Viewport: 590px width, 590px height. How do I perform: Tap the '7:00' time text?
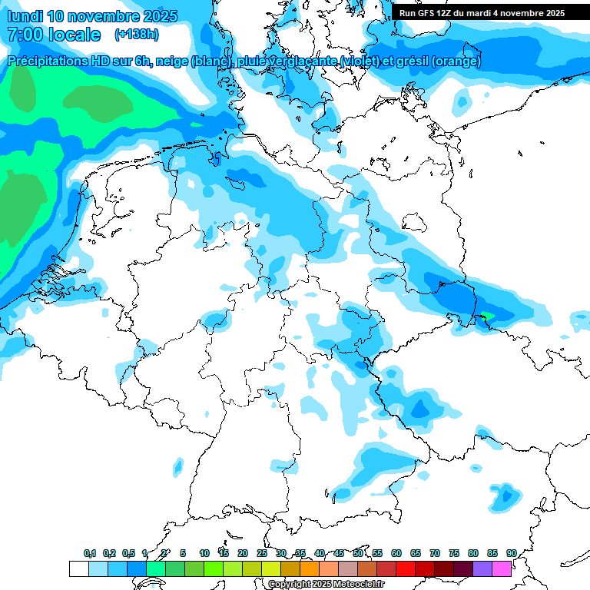24,35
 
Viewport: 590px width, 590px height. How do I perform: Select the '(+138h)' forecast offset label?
137,35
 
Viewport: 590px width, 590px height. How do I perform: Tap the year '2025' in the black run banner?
551,12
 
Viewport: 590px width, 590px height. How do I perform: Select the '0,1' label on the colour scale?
90,553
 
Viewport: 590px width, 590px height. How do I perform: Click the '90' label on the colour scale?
511,553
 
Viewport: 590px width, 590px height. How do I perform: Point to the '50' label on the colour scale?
358,553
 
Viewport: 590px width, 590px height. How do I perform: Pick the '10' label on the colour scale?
204,553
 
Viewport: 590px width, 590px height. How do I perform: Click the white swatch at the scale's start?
78,568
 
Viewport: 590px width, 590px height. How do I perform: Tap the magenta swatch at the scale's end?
502,568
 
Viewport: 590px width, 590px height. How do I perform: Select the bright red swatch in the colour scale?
406,568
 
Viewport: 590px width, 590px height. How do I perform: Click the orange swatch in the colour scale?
309,568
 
